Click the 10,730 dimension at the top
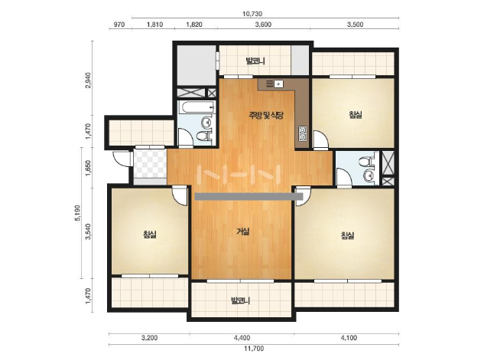point(252,14)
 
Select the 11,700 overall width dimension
point(254,349)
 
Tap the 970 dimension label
point(119,25)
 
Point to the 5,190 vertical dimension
point(78,213)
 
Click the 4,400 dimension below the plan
point(242,338)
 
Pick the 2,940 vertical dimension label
point(88,80)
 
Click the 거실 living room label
point(243,231)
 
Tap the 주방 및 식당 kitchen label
point(266,115)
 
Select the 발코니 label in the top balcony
point(255,61)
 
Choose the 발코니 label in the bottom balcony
point(241,300)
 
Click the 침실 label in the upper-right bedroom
point(356,114)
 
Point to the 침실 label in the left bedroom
point(150,234)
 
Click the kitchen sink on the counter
point(278,84)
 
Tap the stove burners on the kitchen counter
point(302,133)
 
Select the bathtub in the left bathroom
point(197,107)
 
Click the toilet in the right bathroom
point(367,162)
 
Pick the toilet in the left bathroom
point(203,136)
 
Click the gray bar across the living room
point(248,197)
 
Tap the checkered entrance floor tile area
point(150,164)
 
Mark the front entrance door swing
point(121,158)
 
